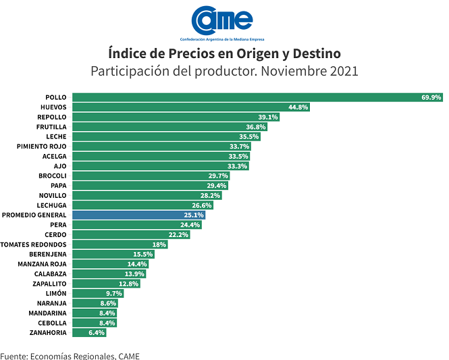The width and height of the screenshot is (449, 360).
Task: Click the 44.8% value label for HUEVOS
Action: coord(298,107)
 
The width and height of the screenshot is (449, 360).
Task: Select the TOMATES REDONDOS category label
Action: coord(34,244)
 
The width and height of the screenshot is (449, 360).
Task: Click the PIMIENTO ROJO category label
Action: coord(42,146)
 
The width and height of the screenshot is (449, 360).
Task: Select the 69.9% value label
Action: coord(431,97)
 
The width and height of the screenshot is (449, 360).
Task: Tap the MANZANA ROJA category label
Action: coord(42,263)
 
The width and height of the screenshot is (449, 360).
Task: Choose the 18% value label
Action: coord(159,244)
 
